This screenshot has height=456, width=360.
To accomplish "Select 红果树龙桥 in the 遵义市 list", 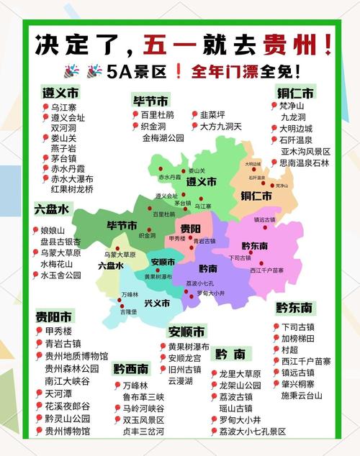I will [72, 188].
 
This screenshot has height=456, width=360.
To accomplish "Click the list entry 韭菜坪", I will [213, 114].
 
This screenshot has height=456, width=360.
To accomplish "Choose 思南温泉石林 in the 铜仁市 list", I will [305, 163].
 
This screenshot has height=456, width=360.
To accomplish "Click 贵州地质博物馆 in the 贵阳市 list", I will [76, 356].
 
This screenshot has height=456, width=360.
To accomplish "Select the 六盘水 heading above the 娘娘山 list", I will [52, 209].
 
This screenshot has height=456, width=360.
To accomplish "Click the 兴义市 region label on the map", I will [156, 302].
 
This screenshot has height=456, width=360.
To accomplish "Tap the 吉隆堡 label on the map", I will [129, 312].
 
